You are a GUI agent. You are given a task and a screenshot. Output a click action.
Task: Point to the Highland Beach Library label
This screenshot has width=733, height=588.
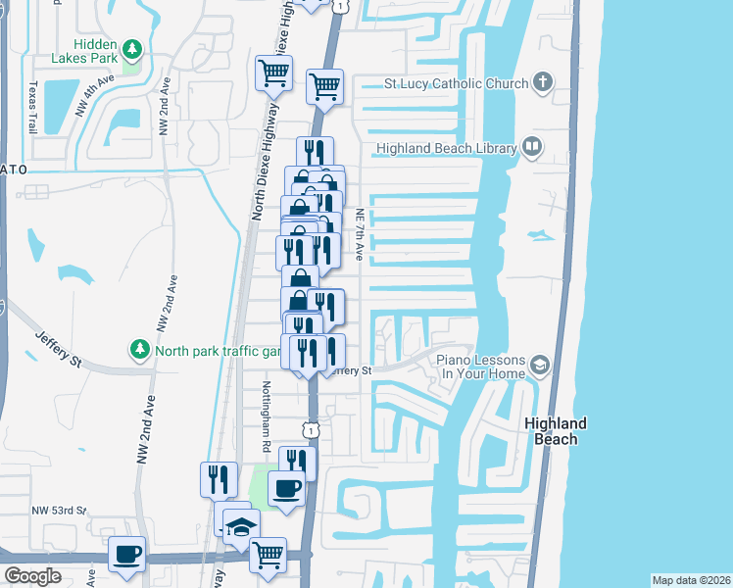tap(445, 149)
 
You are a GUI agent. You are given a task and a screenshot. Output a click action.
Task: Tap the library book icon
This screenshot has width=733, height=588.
tap(532, 148)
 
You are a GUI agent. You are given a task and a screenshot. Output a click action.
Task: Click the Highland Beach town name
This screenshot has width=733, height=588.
tap(556, 431)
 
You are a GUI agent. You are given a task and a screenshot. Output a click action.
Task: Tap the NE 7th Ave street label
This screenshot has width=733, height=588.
tap(361, 234)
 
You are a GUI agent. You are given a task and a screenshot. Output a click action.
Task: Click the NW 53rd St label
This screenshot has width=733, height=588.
tap(59, 511)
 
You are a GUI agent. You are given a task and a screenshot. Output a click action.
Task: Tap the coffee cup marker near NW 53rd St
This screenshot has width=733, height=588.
tap(127, 555)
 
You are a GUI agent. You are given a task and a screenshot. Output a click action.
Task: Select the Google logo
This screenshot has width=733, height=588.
tap(32, 575)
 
